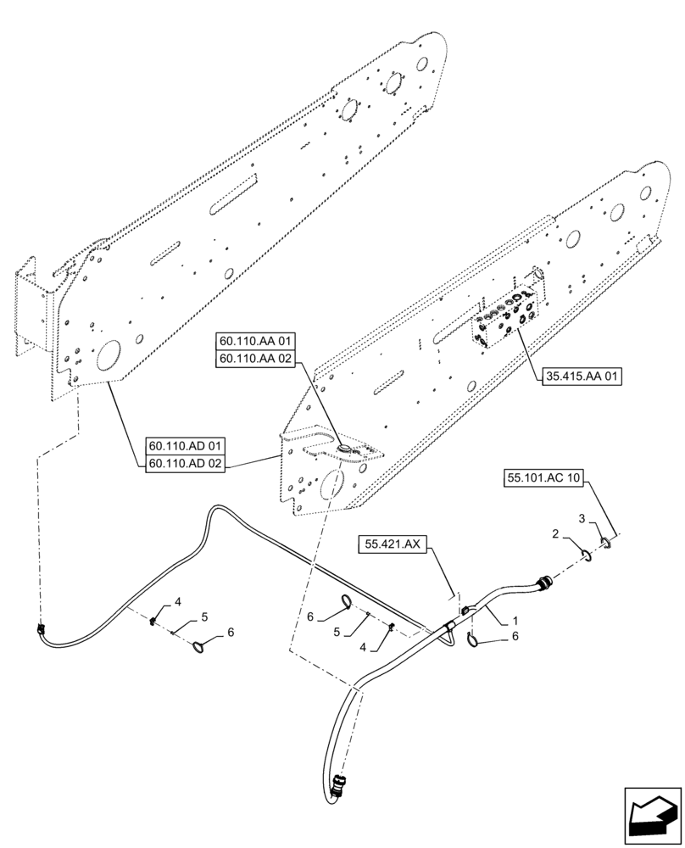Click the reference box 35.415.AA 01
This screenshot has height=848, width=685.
[580, 377]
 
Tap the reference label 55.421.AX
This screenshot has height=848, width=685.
[393, 544]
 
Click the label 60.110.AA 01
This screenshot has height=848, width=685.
[255, 341]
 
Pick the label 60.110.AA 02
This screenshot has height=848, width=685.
[255, 360]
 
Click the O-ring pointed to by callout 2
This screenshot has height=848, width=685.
[586, 555]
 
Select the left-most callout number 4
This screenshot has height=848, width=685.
[179, 601]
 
